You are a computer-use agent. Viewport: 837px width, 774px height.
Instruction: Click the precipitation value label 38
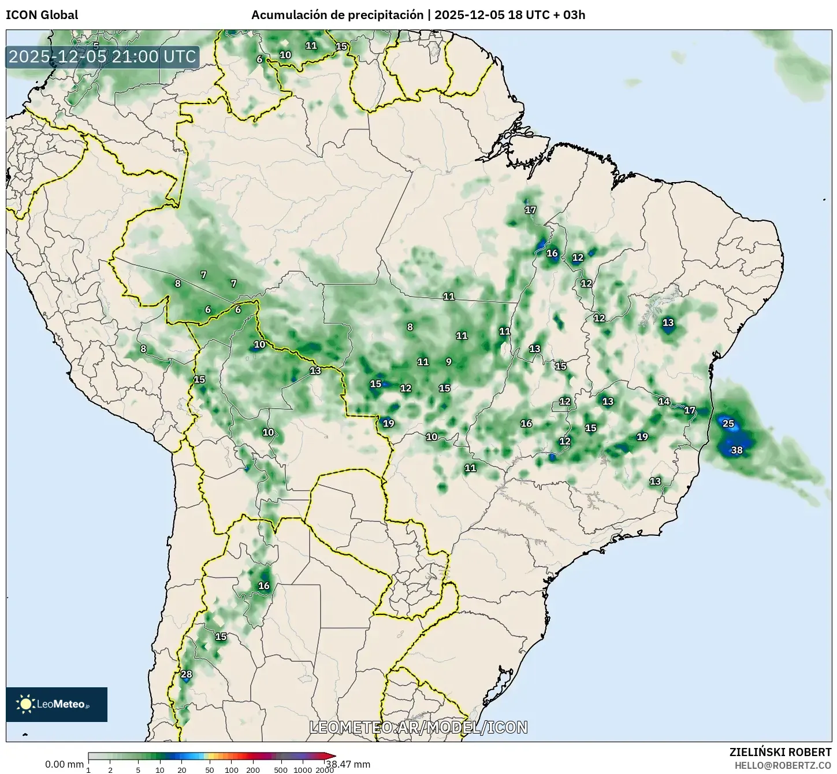tap(736, 450)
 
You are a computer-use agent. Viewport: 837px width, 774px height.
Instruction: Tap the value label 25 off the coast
tap(728, 424)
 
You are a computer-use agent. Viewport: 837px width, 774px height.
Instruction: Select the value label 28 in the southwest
tap(186, 674)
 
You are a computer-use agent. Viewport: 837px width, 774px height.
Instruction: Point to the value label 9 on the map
tap(449, 362)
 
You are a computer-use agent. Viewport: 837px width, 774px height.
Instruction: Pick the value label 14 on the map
tap(664, 401)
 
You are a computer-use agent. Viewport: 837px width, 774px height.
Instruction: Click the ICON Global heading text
tap(42, 15)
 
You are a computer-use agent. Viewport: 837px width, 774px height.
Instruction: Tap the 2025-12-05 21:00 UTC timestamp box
tap(103, 57)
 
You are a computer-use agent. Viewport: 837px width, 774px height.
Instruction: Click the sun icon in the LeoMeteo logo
tap(25, 703)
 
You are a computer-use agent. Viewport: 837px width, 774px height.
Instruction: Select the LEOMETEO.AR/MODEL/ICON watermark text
tap(418, 727)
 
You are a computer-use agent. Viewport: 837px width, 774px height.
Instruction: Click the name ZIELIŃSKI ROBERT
tap(780, 752)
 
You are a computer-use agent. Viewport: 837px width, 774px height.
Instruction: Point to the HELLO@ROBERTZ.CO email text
tap(783, 765)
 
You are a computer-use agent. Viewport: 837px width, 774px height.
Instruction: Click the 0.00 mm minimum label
tap(64, 764)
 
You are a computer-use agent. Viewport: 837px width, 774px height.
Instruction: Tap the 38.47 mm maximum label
tap(348, 764)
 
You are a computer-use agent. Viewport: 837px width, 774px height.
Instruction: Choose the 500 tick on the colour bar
tap(281, 770)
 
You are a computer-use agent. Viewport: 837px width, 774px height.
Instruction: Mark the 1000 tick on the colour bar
tap(303, 770)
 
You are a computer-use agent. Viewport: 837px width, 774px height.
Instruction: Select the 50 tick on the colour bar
tap(210, 770)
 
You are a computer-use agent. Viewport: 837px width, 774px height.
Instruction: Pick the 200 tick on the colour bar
tap(253, 770)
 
